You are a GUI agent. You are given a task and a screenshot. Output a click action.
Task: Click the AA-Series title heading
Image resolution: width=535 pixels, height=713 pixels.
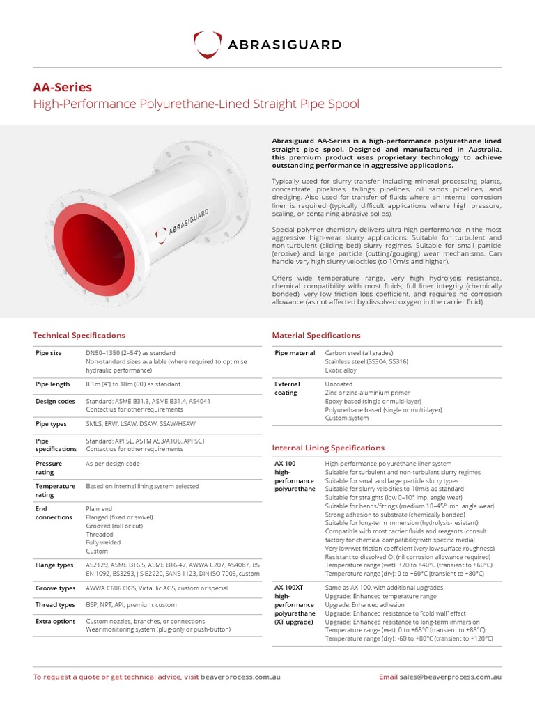62,87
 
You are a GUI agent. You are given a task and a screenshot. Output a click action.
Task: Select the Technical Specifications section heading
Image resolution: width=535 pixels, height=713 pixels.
79,335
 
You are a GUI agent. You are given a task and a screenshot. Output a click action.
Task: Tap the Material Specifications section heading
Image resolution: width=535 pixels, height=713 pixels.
316,335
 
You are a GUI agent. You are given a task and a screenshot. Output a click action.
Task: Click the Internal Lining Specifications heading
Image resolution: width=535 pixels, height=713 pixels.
327,448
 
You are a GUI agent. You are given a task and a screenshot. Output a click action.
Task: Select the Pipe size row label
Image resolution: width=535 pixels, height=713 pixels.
49,353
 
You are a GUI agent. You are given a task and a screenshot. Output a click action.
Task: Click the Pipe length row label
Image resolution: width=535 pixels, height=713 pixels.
52,384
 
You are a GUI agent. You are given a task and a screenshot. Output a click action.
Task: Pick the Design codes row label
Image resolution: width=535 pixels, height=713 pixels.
54,401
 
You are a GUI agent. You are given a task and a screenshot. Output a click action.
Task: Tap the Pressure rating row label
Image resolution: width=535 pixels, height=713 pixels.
49,467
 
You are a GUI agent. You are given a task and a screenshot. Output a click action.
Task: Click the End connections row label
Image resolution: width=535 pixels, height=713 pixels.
54,513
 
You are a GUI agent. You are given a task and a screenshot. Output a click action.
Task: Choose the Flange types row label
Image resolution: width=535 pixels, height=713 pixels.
55,565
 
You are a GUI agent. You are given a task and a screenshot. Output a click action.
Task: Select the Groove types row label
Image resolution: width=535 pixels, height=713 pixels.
55,588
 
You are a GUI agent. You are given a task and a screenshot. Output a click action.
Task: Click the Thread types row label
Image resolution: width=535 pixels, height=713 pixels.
55,605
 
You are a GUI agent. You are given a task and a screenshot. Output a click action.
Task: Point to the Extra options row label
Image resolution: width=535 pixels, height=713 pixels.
56,621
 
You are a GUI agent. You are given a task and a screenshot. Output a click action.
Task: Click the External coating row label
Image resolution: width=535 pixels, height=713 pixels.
288,388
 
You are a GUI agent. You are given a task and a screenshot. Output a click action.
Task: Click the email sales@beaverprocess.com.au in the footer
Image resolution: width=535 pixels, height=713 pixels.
450,677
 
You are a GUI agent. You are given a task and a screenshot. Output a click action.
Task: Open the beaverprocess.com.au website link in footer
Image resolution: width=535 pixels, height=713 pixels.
240,677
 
